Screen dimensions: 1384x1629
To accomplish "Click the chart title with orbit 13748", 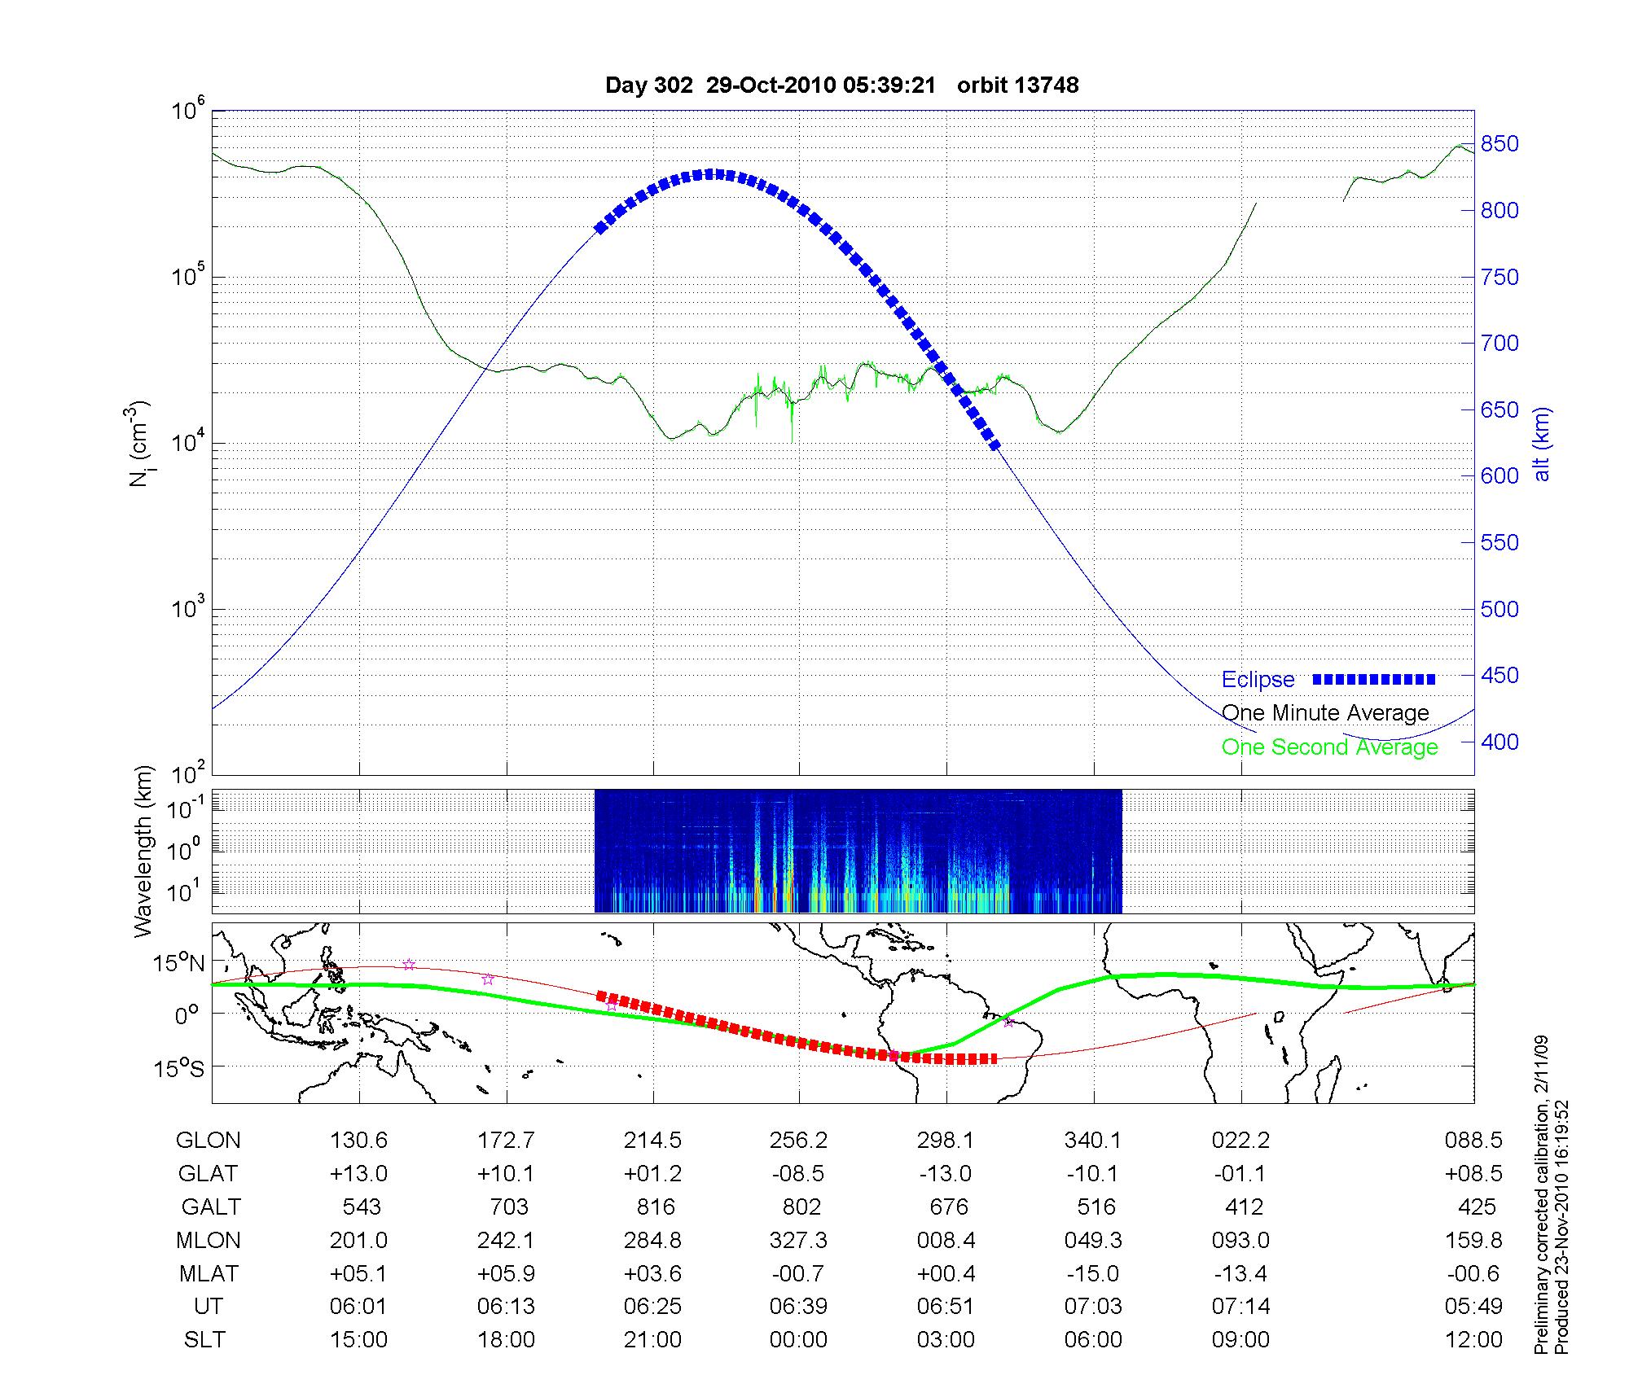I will (841, 85).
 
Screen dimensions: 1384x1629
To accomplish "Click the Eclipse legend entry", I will (1258, 680).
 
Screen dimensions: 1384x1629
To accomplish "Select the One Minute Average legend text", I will (1325, 713).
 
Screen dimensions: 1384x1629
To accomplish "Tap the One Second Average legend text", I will (1329, 747).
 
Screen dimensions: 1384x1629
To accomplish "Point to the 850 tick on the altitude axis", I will (1499, 144).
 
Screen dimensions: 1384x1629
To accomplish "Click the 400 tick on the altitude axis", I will (1499, 742).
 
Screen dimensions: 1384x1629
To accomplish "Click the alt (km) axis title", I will (1541, 444).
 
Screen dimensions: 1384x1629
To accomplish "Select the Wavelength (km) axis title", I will (144, 851).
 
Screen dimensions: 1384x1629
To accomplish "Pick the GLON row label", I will (208, 1141).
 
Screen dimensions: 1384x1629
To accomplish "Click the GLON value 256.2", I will (798, 1141).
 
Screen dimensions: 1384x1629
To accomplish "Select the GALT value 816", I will (655, 1207).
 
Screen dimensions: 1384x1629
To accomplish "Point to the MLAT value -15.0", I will (1093, 1273).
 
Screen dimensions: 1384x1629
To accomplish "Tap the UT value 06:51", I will (946, 1307).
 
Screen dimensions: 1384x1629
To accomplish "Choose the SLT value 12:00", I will (1473, 1340).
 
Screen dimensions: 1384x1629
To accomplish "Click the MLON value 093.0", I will (1240, 1240).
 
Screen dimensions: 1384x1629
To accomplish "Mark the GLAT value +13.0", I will (358, 1173).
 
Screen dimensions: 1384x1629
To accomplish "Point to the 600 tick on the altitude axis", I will (1499, 476).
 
